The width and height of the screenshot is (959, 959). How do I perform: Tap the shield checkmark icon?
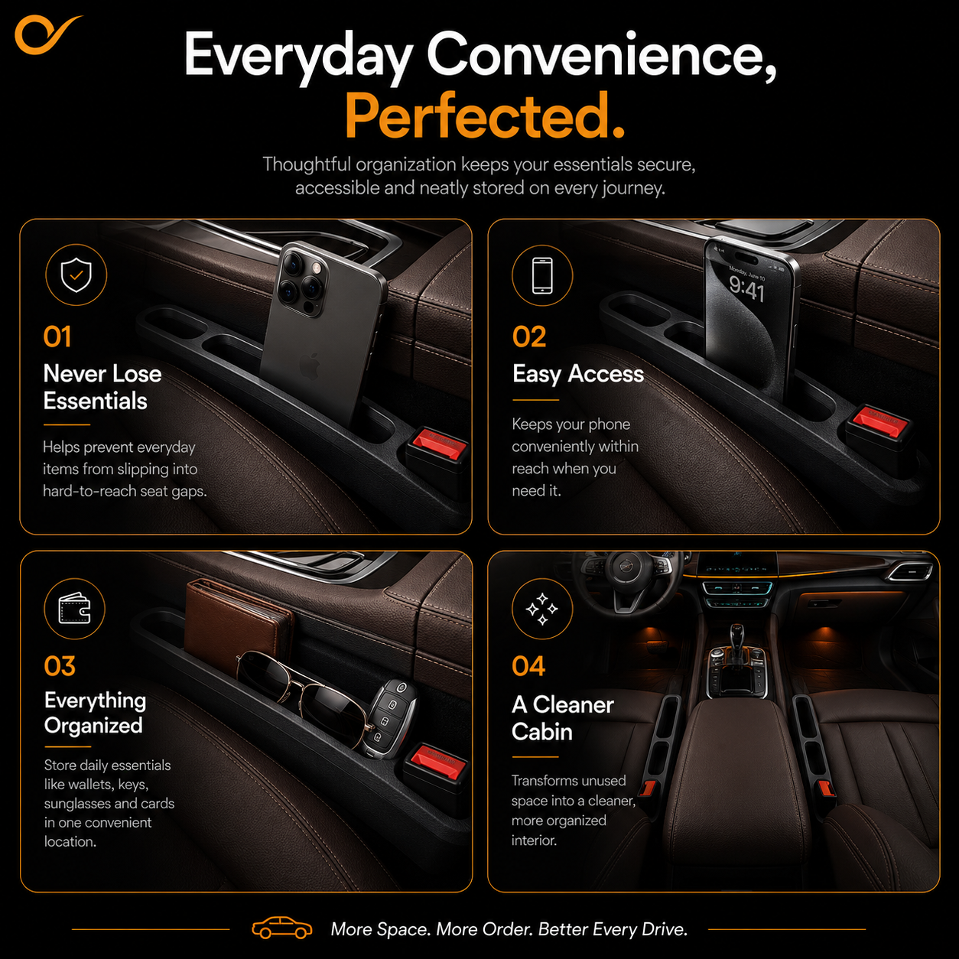click(76, 275)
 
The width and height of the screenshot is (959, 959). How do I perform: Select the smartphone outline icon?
click(542, 275)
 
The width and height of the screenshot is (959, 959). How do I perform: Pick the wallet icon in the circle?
click(75, 608)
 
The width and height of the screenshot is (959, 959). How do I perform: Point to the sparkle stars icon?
click(542, 609)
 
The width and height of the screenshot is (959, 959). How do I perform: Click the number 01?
click(57, 337)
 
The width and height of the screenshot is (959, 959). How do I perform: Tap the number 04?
click(528, 666)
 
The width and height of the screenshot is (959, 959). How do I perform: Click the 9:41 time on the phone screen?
click(746, 288)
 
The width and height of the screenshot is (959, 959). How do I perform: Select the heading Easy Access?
click(578, 374)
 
